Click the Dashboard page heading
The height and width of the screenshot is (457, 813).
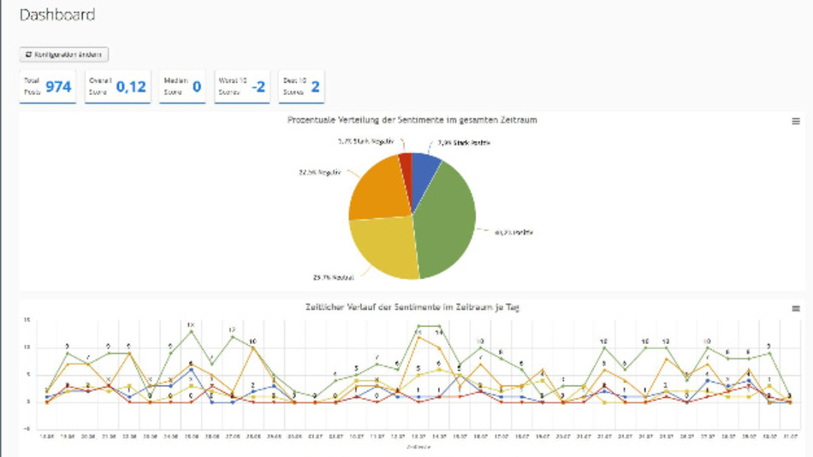click(56, 15)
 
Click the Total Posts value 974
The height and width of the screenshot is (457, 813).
click(58, 86)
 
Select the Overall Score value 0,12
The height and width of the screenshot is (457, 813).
click(131, 86)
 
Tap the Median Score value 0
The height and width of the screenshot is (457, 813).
click(196, 86)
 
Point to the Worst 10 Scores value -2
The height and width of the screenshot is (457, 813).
click(258, 86)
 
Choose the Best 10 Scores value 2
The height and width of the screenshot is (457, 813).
click(315, 86)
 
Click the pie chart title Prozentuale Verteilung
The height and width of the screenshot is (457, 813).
click(412, 120)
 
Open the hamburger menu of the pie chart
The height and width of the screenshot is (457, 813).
click(796, 122)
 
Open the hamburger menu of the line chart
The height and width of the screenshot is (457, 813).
click(796, 308)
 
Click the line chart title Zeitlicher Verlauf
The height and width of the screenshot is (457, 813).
click(412, 307)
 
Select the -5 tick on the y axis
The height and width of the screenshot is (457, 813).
click(27, 429)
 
